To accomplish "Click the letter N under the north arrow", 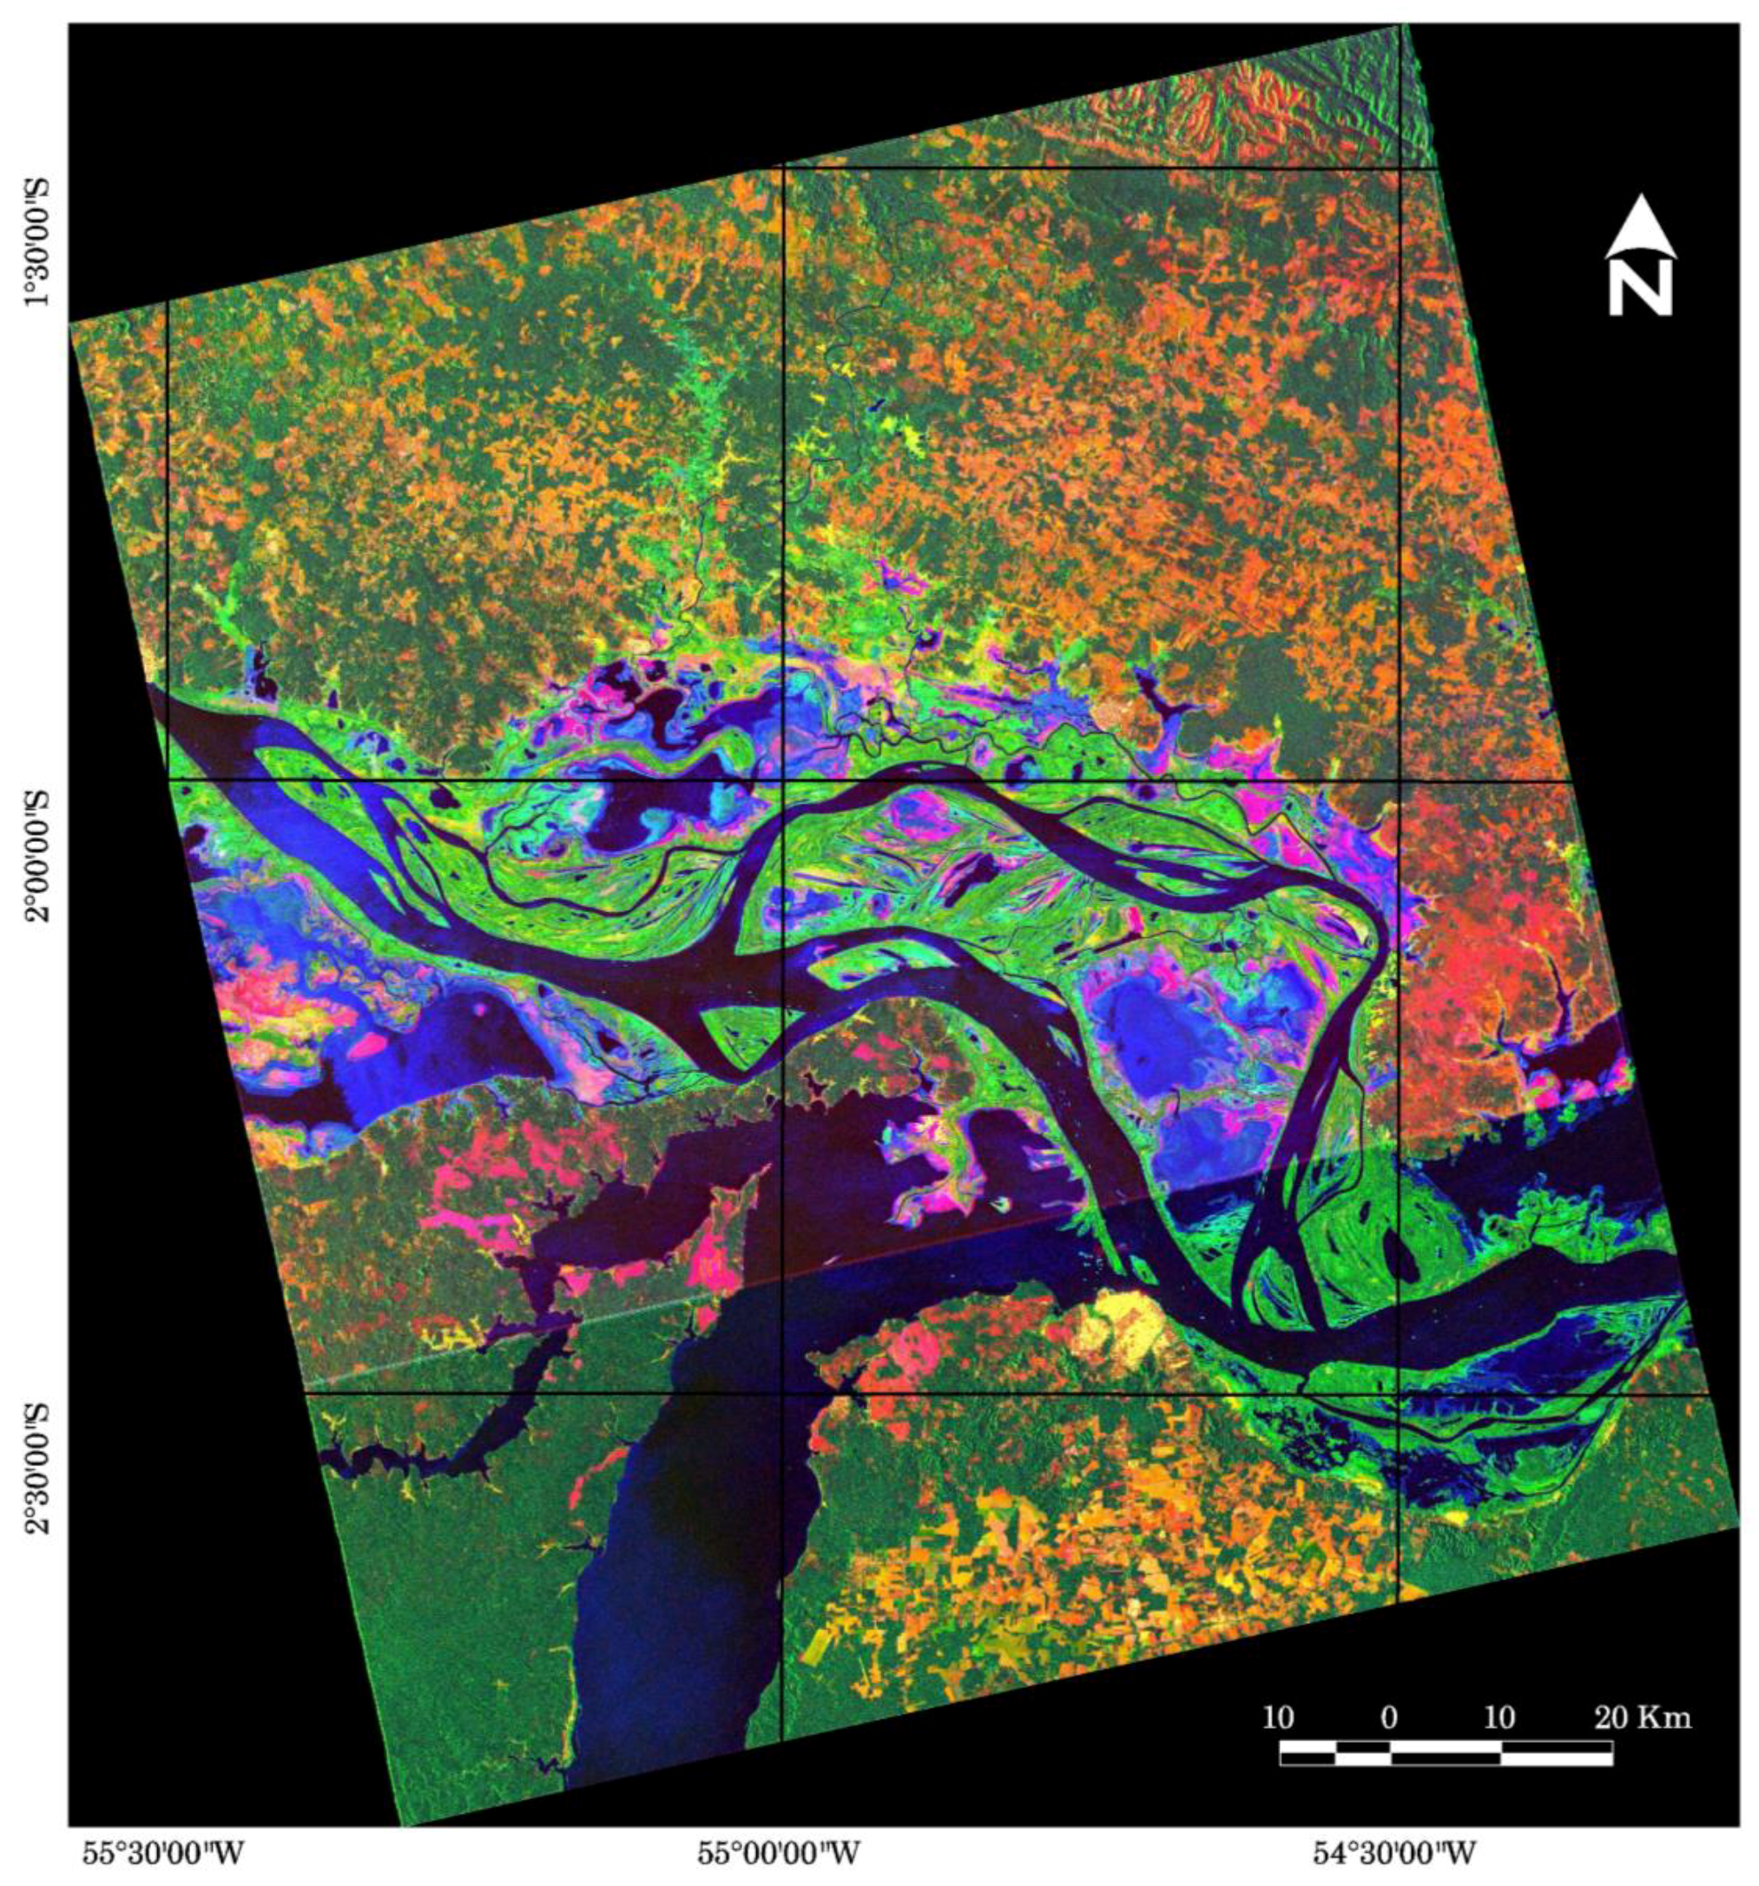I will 1640,288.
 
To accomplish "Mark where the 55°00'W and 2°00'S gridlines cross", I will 783,779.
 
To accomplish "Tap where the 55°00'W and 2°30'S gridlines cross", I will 783,1394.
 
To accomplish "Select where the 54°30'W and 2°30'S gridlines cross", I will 1399,1394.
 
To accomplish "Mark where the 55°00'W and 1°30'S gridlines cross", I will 784,168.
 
